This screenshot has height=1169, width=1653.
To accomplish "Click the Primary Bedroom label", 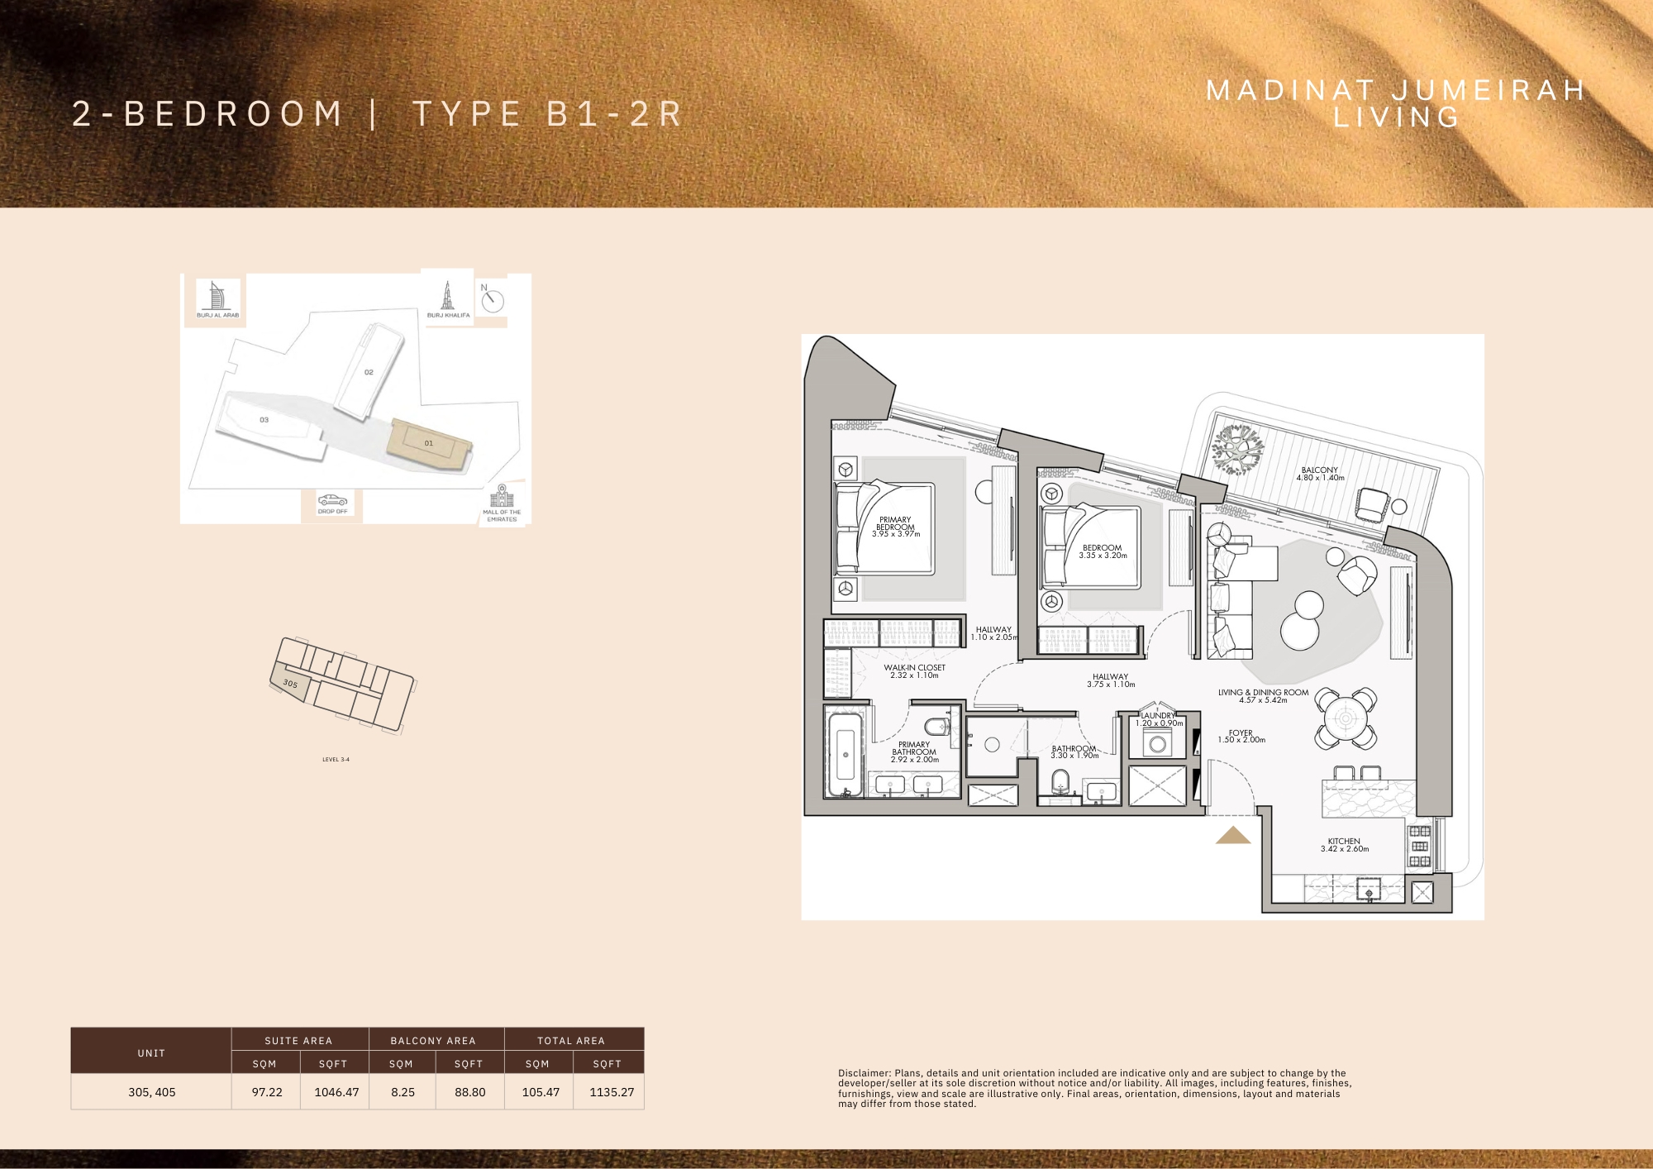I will [895, 527].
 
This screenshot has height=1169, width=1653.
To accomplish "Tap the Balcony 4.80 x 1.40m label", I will [1320, 474].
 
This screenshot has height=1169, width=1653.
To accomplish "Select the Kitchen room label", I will [1344, 845].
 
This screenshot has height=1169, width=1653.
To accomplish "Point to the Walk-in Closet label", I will [914, 671].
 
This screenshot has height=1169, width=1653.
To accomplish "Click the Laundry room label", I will [1158, 719].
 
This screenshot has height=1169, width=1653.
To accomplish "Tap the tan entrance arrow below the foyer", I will [1232, 836].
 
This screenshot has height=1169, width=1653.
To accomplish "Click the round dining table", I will [1346, 718].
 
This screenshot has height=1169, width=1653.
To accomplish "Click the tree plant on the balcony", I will [1237, 450].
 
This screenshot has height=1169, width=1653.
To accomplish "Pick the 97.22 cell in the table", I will [267, 1092].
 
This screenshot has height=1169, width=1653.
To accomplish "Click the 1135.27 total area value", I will [612, 1092].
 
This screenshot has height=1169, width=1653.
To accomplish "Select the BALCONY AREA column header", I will [433, 1041].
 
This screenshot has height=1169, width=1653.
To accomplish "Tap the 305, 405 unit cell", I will [152, 1092].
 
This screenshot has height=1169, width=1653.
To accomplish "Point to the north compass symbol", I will [492, 300].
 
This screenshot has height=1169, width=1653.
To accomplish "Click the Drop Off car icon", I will [332, 500].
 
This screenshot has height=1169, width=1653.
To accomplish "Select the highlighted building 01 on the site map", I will [427, 445].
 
